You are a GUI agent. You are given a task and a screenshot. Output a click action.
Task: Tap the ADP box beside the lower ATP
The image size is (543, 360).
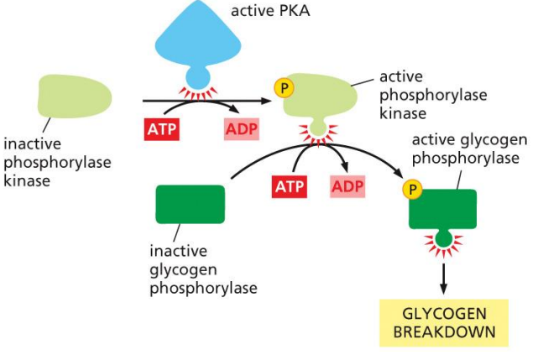[348, 185]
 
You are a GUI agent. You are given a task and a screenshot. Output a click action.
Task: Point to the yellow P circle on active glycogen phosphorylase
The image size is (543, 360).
[411, 190]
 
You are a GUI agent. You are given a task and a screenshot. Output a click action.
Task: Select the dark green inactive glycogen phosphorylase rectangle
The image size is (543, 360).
[190, 204]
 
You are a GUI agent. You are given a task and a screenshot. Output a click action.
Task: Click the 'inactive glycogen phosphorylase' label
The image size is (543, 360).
[202, 269]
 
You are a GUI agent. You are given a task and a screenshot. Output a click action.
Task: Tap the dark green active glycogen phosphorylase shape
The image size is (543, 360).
[442, 209]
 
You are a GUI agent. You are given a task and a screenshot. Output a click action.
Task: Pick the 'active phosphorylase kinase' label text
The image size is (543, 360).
[432, 94]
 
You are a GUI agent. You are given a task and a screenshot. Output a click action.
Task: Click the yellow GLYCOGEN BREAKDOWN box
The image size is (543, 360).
[443, 322]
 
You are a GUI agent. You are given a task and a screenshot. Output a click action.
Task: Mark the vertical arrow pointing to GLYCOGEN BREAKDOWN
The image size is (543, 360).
[442, 278]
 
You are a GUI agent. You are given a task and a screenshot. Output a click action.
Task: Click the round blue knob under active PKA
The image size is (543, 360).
[196, 80]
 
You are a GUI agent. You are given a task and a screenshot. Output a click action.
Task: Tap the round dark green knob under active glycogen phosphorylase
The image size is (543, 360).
[442, 240]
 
